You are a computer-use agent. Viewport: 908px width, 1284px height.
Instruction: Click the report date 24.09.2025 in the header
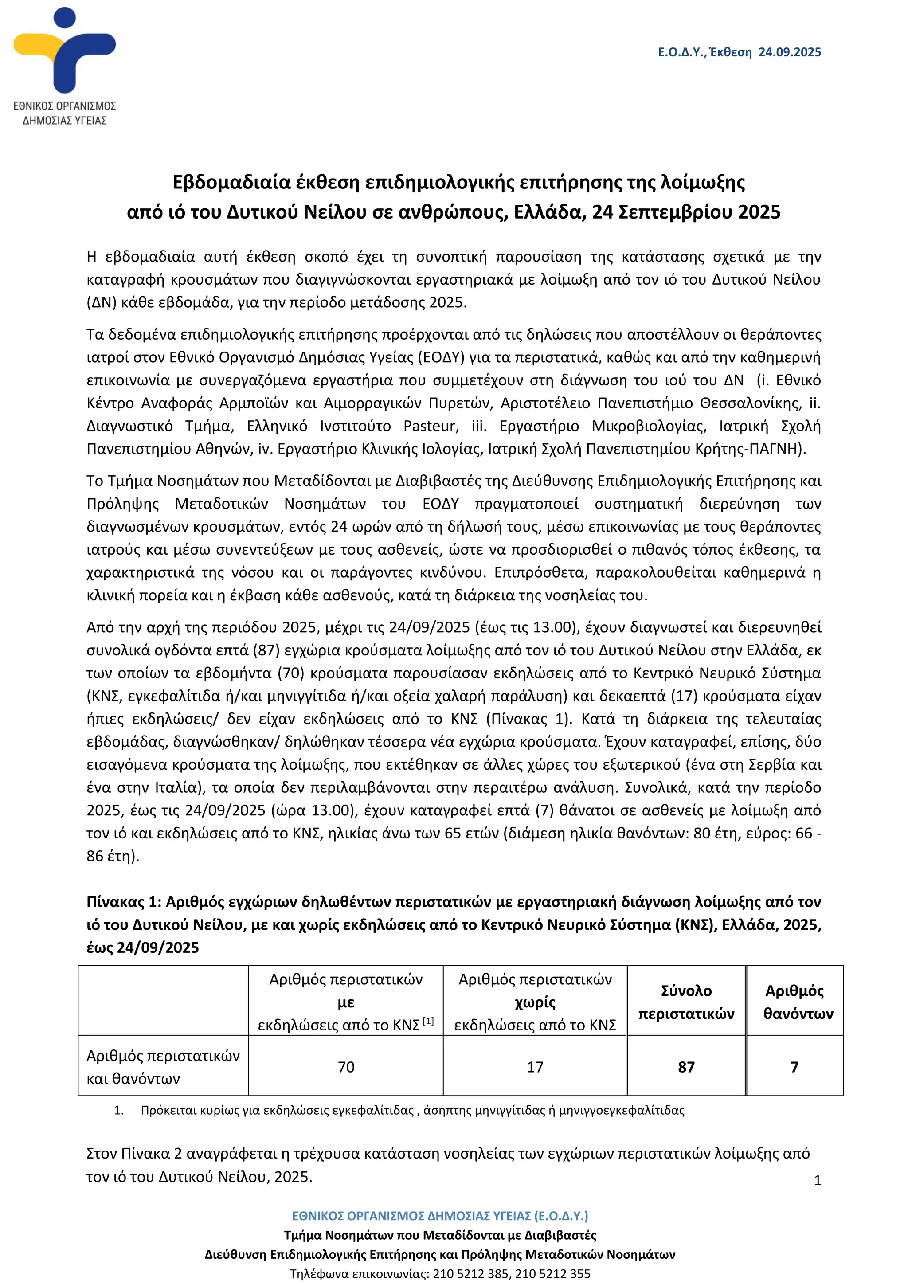790,52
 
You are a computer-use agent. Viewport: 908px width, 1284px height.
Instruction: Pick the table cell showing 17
535,1067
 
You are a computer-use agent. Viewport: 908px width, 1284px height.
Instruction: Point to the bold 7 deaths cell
794,1067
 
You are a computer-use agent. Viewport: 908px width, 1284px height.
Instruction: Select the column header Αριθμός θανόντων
795,1002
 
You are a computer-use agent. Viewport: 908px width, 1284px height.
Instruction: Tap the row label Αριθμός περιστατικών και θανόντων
163,1067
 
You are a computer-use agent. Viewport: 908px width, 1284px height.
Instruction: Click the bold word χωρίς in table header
535,1002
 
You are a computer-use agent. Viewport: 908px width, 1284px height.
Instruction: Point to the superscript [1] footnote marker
428,1021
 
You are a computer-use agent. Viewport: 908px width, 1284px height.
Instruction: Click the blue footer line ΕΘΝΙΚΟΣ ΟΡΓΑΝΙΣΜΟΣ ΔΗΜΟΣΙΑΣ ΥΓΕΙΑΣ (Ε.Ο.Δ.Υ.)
440,1216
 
